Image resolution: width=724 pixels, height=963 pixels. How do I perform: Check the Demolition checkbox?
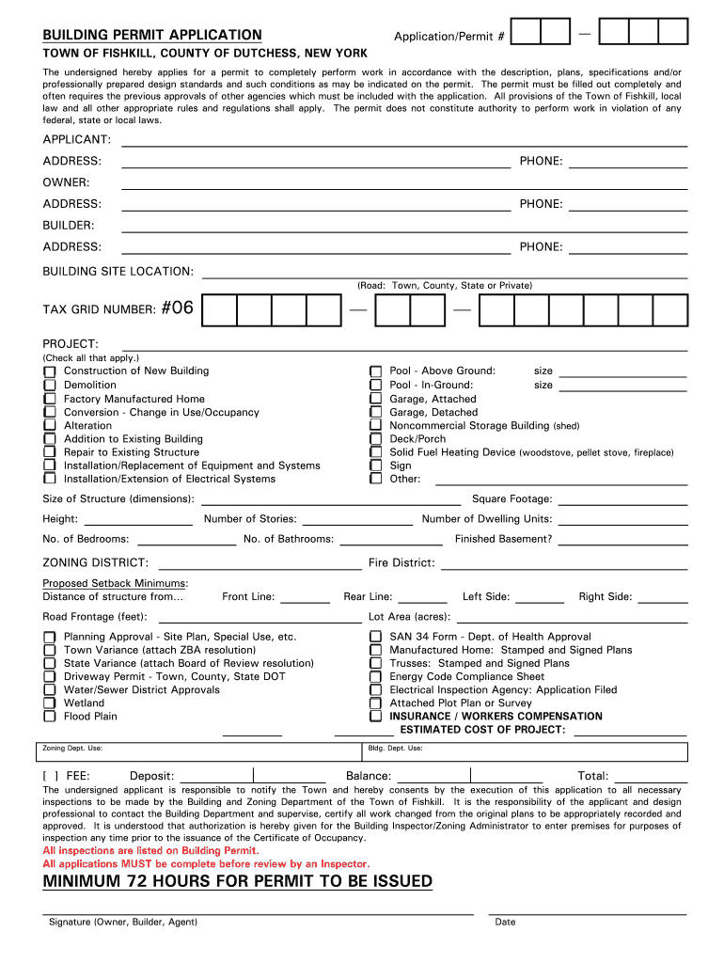pyautogui.click(x=49, y=386)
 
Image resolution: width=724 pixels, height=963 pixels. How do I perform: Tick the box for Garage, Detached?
pyautogui.click(x=375, y=413)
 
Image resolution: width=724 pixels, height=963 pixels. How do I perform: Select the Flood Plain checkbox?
pyautogui.click(x=49, y=717)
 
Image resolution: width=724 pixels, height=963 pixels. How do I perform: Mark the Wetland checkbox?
pyautogui.click(x=49, y=703)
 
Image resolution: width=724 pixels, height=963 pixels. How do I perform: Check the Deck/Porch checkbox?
pyautogui.click(x=375, y=439)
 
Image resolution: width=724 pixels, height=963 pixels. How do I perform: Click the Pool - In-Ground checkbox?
pyautogui.click(x=375, y=386)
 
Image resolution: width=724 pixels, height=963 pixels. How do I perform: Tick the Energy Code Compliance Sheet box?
pyautogui.click(x=375, y=677)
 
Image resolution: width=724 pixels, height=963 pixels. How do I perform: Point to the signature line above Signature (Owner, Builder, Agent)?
pyautogui.click(x=258, y=912)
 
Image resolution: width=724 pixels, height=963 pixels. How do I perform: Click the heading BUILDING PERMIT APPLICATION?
pyautogui.click(x=152, y=35)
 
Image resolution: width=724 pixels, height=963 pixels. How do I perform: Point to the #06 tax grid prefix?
pyautogui.click(x=177, y=308)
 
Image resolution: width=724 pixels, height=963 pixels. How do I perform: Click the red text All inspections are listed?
pyautogui.click(x=150, y=850)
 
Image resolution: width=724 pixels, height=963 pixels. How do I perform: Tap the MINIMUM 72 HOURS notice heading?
pyautogui.click(x=238, y=881)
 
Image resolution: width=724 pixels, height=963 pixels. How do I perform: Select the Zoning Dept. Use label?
pyautogui.click(x=72, y=749)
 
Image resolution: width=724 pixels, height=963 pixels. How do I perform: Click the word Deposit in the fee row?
pyautogui.click(x=151, y=776)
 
